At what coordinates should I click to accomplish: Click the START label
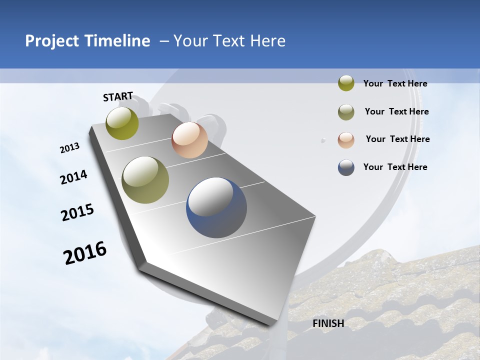118,96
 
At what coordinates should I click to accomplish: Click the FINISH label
328,323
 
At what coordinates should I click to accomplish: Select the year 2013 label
69,148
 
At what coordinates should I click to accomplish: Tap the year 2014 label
73,177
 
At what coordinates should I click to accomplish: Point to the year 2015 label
77,212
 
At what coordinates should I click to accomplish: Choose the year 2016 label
85,252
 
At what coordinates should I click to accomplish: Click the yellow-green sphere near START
122,123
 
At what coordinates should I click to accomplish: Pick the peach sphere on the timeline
189,140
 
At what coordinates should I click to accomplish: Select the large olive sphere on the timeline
145,180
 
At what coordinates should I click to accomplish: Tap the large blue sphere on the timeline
216,207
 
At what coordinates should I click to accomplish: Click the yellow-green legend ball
346,83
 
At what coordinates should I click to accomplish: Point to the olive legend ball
346,112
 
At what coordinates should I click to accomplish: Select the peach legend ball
346,140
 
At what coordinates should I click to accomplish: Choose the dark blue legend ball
346,167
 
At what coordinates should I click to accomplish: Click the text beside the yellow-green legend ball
395,84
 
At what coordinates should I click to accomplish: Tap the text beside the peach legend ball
397,139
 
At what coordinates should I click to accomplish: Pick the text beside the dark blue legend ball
395,167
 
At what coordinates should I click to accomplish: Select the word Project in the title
51,41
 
